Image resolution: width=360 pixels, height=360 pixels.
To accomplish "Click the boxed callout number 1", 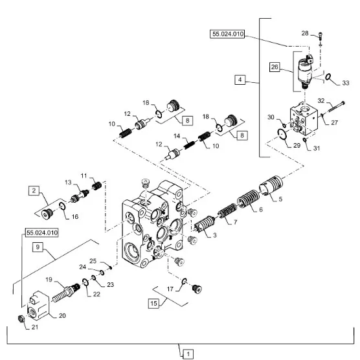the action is point(188,354).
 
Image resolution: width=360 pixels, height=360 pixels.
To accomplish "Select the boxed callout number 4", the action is point(240,80).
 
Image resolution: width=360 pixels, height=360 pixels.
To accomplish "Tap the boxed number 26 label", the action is point(275,67).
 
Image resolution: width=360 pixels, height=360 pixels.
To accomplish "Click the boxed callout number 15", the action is point(153,304).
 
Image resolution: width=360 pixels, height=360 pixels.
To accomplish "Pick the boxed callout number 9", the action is point(38,247).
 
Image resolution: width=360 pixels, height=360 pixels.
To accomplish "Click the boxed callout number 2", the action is point(34,190).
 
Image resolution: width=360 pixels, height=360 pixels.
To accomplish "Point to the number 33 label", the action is point(346,83).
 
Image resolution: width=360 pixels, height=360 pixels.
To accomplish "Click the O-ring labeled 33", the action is point(328,77).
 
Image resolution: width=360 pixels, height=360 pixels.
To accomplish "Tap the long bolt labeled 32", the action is point(336,107).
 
